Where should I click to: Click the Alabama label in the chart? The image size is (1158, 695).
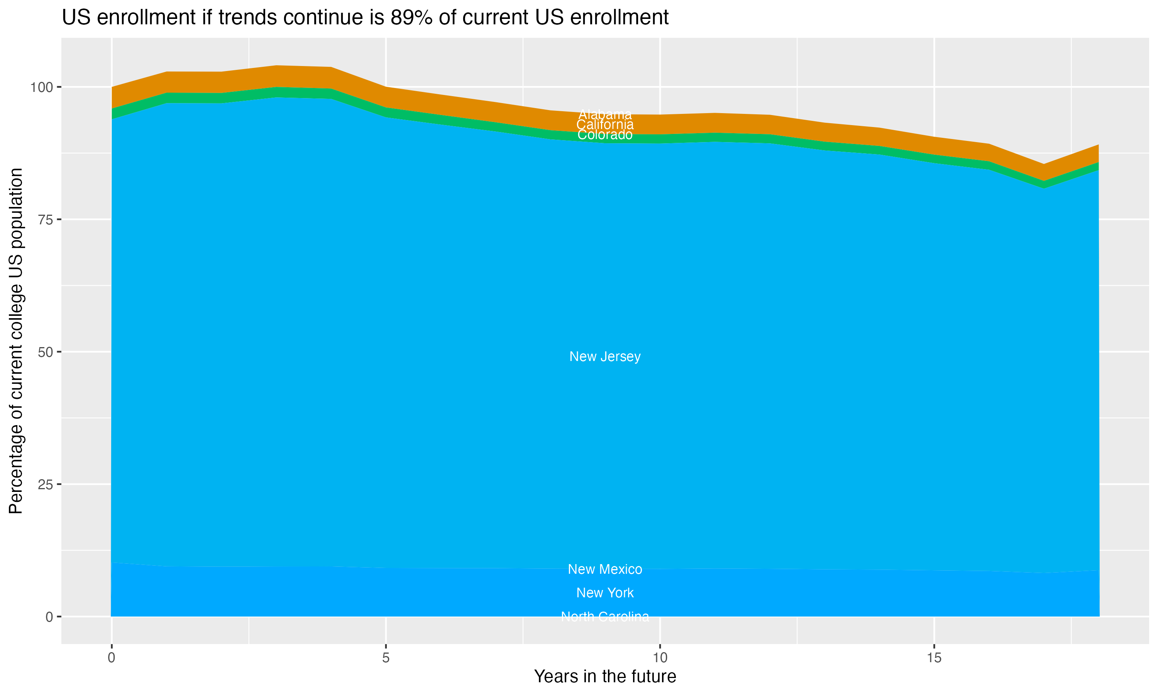(x=605, y=114)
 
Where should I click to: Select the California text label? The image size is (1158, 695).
(x=605, y=125)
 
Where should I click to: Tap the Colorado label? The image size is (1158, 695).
(x=605, y=135)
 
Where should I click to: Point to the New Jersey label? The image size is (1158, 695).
(x=605, y=356)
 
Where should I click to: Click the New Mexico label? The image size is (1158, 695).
(x=605, y=569)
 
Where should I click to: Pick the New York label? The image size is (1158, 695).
(x=605, y=593)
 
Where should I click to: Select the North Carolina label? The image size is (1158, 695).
(x=605, y=616)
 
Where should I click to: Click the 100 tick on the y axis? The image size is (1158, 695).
(x=42, y=87)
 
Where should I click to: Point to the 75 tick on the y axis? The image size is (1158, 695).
(x=46, y=220)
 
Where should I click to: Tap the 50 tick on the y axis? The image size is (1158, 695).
(x=46, y=352)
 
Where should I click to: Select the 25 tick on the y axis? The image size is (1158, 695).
(x=46, y=484)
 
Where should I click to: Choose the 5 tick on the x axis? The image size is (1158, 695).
(x=386, y=658)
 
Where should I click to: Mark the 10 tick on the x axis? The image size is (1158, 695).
(x=660, y=658)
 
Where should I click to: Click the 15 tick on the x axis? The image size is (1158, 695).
(x=934, y=658)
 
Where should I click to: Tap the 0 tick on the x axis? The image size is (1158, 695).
(x=112, y=658)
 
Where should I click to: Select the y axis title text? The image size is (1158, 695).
(x=16, y=341)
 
